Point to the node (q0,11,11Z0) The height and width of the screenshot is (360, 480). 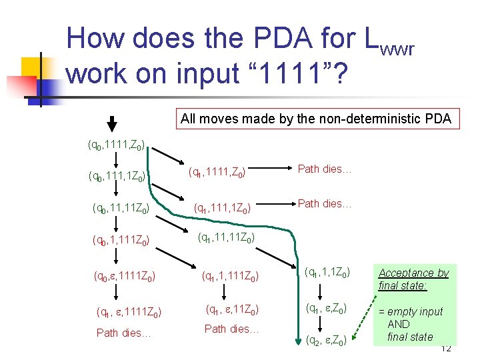121,207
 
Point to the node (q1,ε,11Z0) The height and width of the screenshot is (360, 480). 231,309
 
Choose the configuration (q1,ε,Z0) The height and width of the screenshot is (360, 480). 325,308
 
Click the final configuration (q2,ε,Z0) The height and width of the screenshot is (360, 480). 325,341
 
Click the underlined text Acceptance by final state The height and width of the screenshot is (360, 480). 413,279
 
